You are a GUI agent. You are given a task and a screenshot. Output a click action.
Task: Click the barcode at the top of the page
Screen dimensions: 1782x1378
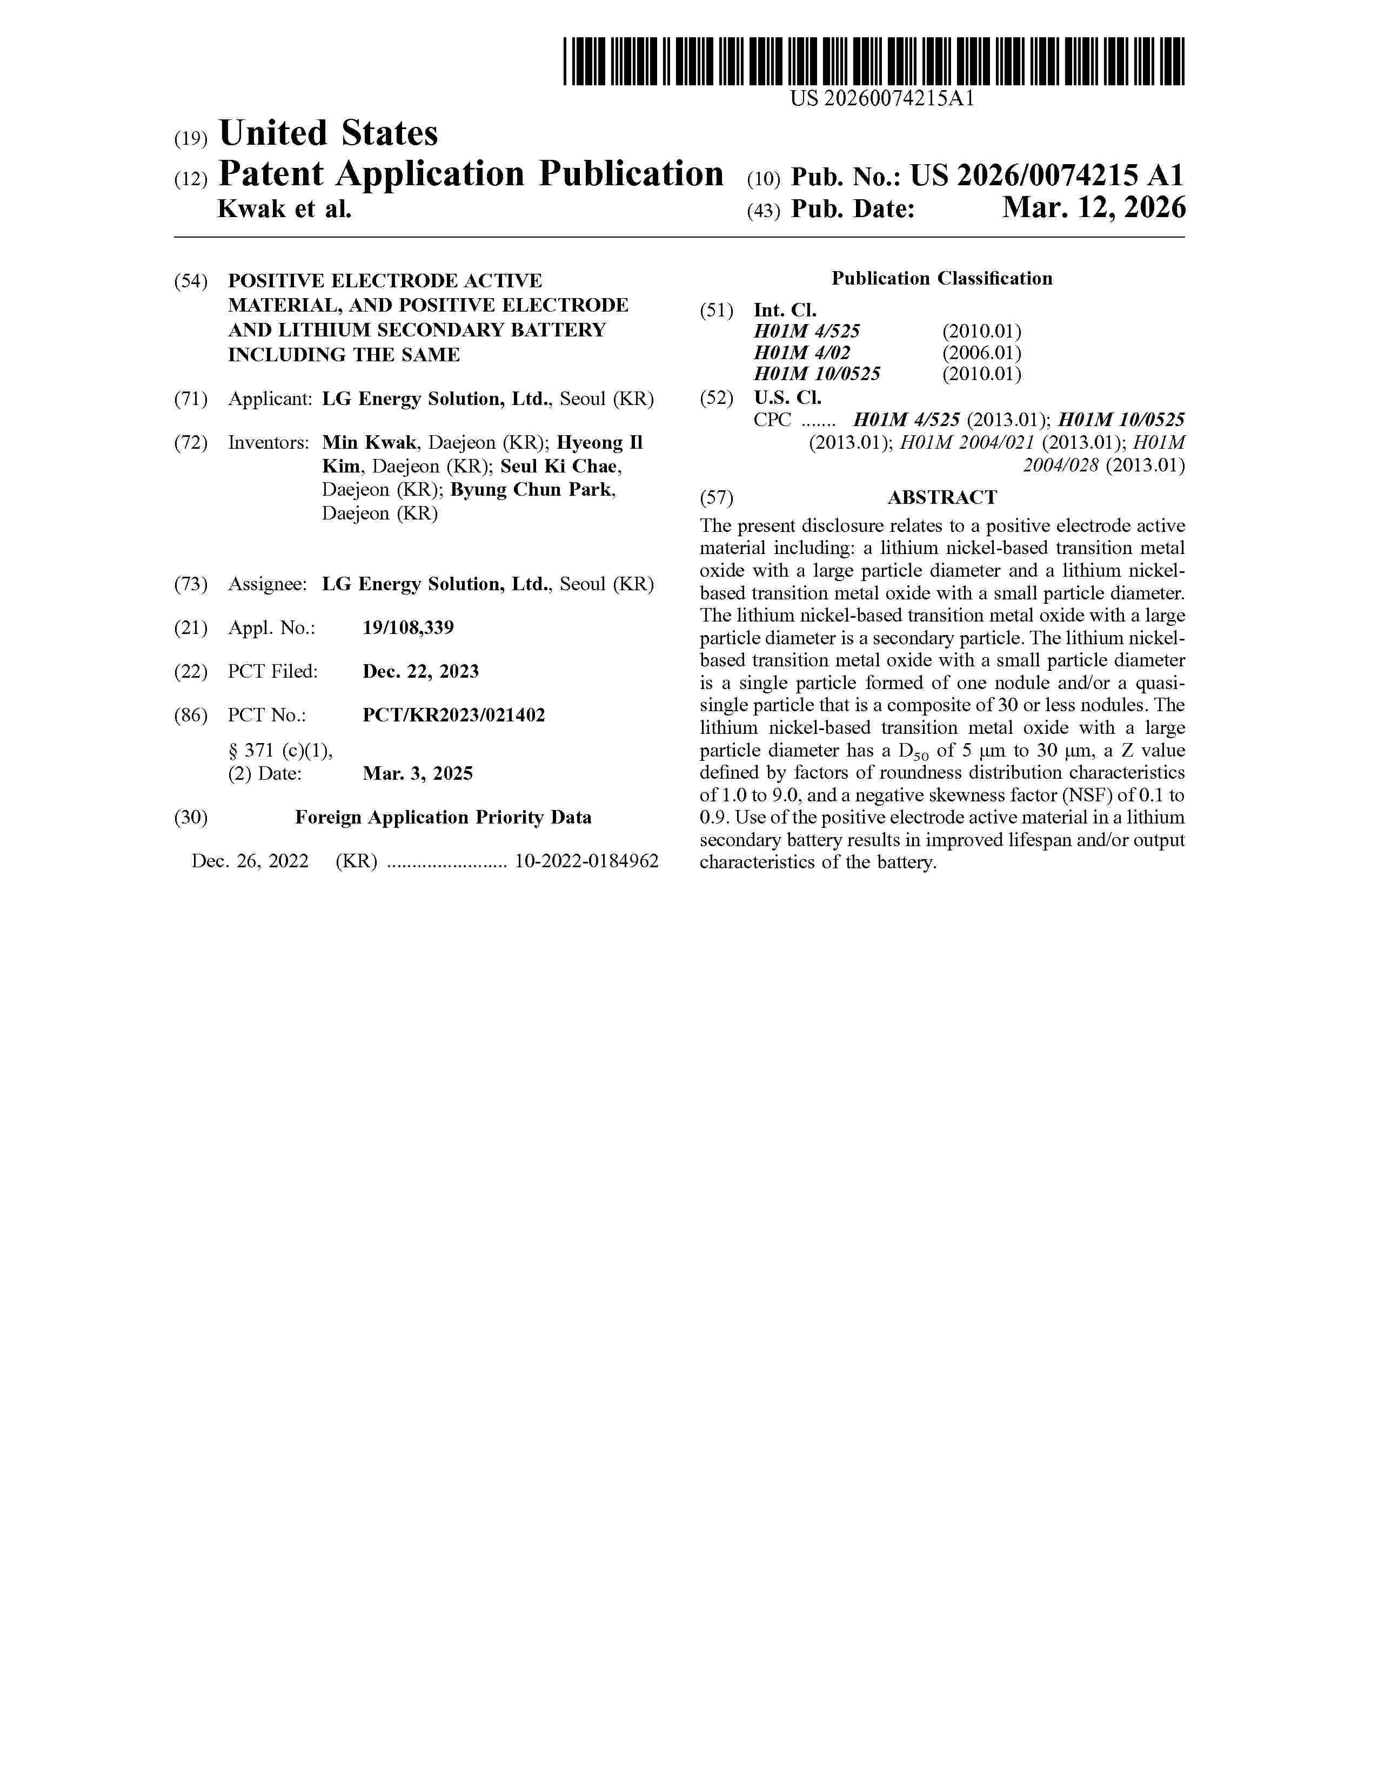click(x=873, y=62)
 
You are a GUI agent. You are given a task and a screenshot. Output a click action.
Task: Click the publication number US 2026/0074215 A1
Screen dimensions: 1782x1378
click(x=1047, y=175)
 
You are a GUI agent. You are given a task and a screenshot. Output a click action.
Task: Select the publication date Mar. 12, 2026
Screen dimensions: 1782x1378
click(x=1094, y=209)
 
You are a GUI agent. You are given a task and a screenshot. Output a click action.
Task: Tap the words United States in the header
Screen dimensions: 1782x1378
click(x=328, y=133)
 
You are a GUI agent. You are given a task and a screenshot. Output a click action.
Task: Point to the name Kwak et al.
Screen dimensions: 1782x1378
click(x=284, y=210)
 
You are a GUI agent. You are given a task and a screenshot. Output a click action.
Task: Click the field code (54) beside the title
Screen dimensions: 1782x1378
click(x=191, y=281)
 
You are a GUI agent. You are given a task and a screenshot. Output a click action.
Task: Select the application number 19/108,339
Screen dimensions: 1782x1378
click(x=408, y=627)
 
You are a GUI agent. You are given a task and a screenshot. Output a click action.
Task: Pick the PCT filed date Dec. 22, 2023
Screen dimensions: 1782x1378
click(x=420, y=672)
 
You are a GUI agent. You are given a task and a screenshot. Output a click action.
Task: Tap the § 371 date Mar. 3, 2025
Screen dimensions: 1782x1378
click(x=417, y=773)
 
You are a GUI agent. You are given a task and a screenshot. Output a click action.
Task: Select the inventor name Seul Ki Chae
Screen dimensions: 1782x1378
click(x=560, y=467)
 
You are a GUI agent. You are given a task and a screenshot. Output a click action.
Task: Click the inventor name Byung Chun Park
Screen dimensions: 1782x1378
click(x=532, y=490)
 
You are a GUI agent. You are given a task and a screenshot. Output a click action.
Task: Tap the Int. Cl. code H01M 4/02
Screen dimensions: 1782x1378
click(x=801, y=353)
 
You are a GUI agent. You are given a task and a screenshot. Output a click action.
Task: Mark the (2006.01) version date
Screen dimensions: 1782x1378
click(x=981, y=353)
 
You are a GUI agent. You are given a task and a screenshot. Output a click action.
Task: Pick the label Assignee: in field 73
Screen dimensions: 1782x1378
click(x=267, y=584)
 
